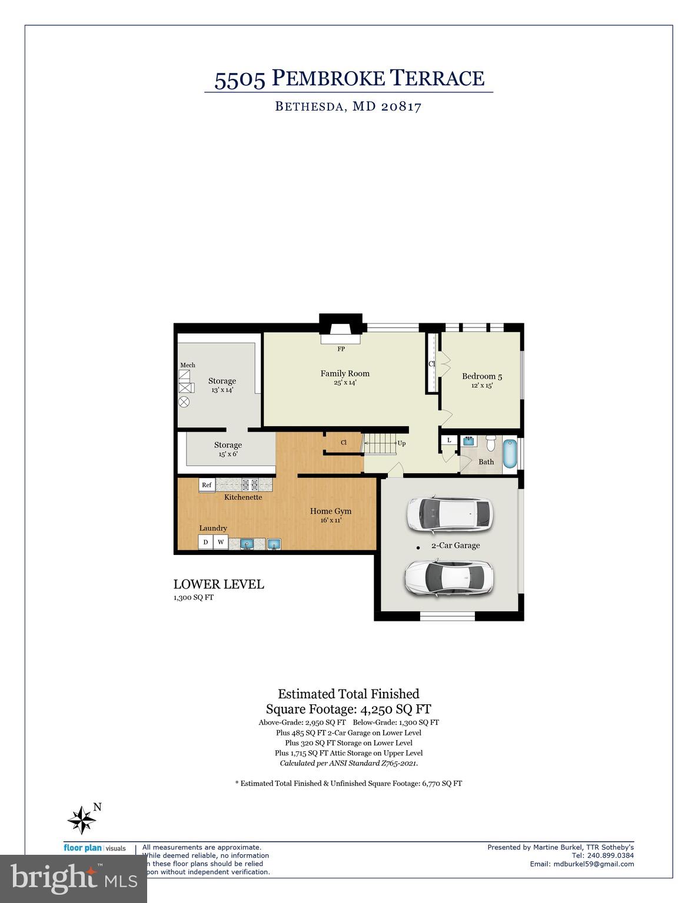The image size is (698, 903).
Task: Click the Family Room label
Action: [345, 373]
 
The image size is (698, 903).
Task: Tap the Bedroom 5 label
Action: [481, 376]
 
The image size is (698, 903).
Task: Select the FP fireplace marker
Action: [341, 349]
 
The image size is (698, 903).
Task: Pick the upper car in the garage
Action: [448, 514]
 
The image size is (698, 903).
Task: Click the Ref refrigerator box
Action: [207, 485]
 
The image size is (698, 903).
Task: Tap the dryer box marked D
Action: [205, 542]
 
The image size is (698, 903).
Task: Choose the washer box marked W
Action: [221, 542]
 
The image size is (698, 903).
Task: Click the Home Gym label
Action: [331, 511]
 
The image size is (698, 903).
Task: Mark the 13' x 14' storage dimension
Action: [222, 390]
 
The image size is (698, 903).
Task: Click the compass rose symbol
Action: [81, 820]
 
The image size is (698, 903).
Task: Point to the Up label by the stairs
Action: [401, 443]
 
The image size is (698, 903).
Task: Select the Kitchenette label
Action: [243, 497]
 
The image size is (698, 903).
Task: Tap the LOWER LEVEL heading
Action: [218, 584]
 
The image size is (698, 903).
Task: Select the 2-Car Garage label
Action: [456, 546]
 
